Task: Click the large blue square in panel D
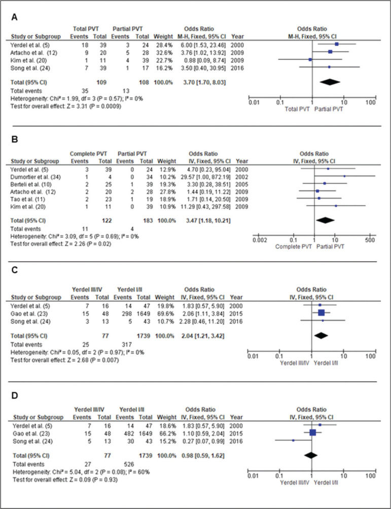click(x=313, y=432)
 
